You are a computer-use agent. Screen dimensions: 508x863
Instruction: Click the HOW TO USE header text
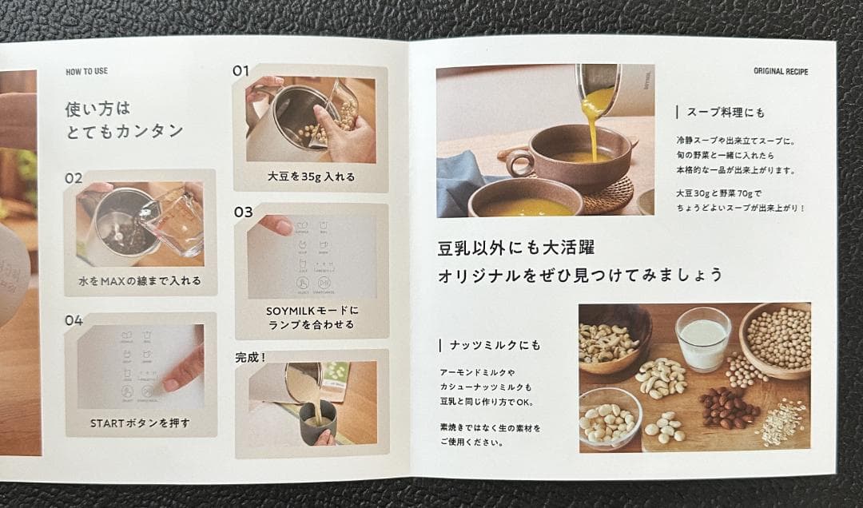click(x=86, y=72)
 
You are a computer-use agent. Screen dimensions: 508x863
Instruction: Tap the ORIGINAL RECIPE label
click(x=780, y=72)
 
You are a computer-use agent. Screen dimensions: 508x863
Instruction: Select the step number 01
click(x=241, y=71)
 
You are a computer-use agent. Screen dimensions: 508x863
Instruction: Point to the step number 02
click(x=74, y=178)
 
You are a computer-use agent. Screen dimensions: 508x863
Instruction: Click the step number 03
click(x=243, y=212)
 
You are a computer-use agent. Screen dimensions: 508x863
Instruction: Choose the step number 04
click(x=74, y=321)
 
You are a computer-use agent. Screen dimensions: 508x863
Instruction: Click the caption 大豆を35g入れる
click(x=311, y=177)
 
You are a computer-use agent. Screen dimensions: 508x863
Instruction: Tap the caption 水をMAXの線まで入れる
click(x=140, y=281)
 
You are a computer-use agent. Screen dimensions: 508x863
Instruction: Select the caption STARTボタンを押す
click(x=140, y=423)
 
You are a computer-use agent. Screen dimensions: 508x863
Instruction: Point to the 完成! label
click(x=250, y=357)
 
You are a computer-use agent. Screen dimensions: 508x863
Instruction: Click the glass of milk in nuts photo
click(x=702, y=339)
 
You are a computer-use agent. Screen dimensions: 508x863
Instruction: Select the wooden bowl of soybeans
click(x=777, y=339)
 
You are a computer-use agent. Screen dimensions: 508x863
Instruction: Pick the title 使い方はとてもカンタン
click(x=124, y=120)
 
